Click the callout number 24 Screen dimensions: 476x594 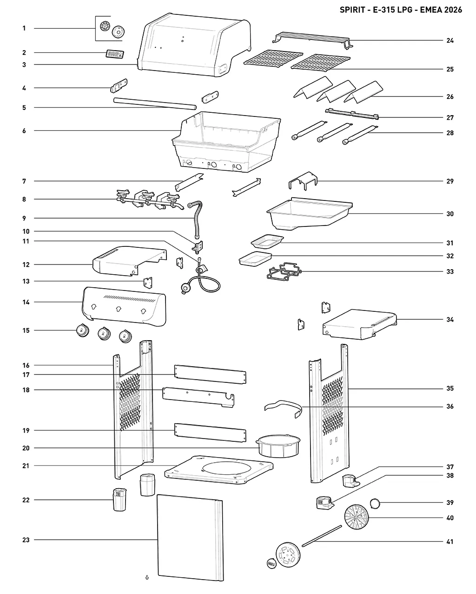pos(450,40)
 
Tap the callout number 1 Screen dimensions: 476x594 pos(24,28)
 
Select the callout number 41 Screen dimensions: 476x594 pos(450,542)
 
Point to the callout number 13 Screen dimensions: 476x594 pos(26,281)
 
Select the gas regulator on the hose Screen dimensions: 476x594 pos(185,287)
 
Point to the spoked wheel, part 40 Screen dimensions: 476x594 pos(357,517)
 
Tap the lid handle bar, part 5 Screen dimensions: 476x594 pos(155,103)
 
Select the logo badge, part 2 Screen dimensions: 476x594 pos(114,54)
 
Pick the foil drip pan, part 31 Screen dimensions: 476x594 pos(267,241)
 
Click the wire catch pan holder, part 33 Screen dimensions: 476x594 pos(284,271)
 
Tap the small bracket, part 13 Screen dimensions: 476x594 pos(148,283)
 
